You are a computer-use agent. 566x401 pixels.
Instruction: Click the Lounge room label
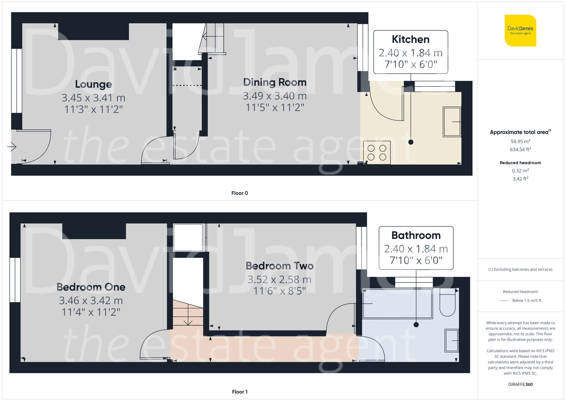pos(93,84)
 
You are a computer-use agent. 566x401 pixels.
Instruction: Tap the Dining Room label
pos(275,82)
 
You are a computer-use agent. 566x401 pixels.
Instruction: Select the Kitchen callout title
pos(411,39)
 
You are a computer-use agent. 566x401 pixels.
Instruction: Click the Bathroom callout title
pos(416,235)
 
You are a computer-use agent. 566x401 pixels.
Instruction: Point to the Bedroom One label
pos(91,287)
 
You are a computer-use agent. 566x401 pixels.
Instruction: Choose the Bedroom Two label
pos(280,266)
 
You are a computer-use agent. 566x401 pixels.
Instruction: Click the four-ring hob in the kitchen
pos(377,152)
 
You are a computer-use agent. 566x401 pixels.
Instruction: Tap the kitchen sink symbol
pos(452,122)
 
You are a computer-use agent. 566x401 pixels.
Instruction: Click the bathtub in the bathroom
pos(397,304)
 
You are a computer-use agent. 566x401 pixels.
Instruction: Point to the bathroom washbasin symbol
pos(451,340)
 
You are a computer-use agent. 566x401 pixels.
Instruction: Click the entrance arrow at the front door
pos(12,147)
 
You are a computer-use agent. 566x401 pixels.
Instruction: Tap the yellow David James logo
pos(520,31)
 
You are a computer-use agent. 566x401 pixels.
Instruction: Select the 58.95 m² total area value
pos(520,141)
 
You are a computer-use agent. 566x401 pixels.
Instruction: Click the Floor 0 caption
pos(239,193)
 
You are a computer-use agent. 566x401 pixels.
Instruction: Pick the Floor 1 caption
pos(239,392)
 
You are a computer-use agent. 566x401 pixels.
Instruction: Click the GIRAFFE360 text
pos(520,385)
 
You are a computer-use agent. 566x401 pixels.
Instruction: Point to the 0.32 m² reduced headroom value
pos(520,171)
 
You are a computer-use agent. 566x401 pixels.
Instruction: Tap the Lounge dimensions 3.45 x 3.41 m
pos(93,98)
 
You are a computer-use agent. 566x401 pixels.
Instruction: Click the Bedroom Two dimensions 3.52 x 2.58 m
pos(280,280)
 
